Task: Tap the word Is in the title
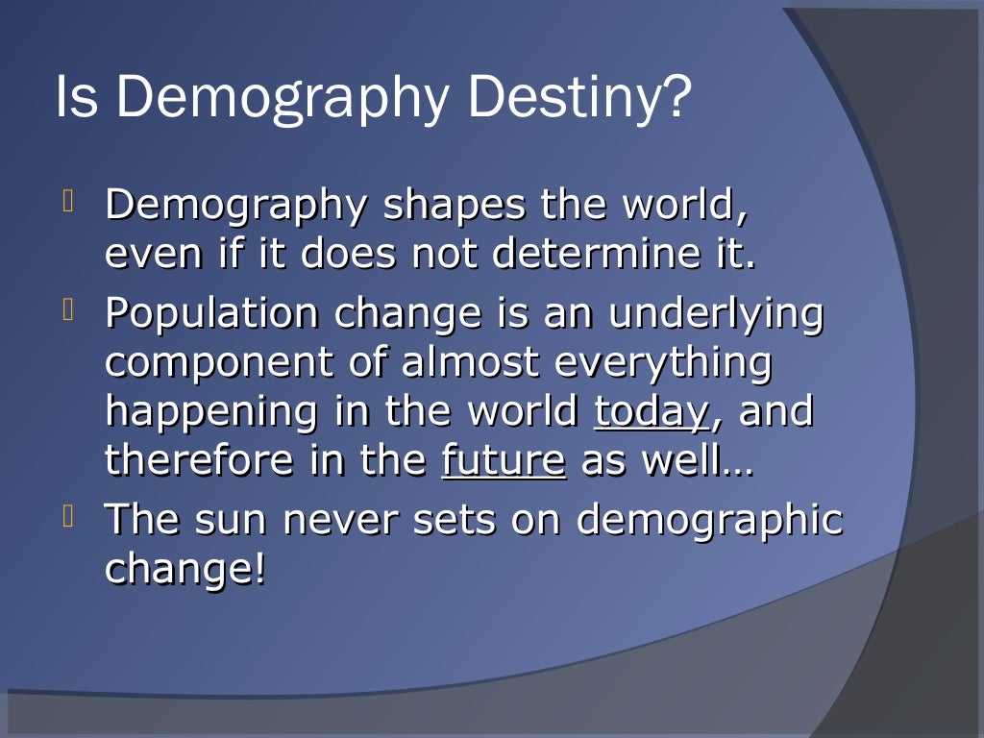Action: [x=77, y=98]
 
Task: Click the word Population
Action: [x=211, y=314]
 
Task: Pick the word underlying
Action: [x=716, y=315]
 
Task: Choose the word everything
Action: [x=664, y=364]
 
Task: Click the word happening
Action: [x=210, y=413]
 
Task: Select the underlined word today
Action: [x=651, y=413]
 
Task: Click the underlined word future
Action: [x=503, y=461]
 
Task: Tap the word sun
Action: [x=231, y=521]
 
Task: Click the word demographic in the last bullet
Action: [x=709, y=522]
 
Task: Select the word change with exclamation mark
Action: [x=184, y=570]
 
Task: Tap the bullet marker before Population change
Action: [x=68, y=310]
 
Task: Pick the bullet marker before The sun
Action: [x=68, y=517]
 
